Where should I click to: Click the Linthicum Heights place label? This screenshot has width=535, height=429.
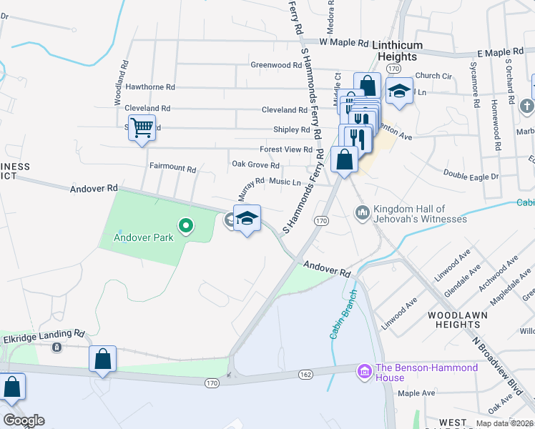coord(396,51)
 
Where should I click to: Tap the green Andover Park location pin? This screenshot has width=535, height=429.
coord(186,227)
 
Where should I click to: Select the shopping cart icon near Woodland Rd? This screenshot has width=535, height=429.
coord(142,128)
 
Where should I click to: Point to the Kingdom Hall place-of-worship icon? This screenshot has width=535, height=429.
coord(363,212)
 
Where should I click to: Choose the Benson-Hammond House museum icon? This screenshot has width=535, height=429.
coord(363,371)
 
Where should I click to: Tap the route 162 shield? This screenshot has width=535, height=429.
coord(305,374)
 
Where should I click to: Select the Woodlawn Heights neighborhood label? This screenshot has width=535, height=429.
coord(458,320)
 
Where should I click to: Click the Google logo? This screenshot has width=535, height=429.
coord(24,420)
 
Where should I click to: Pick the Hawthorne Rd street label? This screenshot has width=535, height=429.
coord(149,87)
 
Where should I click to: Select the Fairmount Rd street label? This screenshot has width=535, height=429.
coord(172,169)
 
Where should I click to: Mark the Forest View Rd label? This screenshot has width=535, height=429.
coord(286,150)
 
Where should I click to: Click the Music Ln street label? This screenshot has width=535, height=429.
coord(285,182)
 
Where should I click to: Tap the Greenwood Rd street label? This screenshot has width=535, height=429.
coord(276,65)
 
